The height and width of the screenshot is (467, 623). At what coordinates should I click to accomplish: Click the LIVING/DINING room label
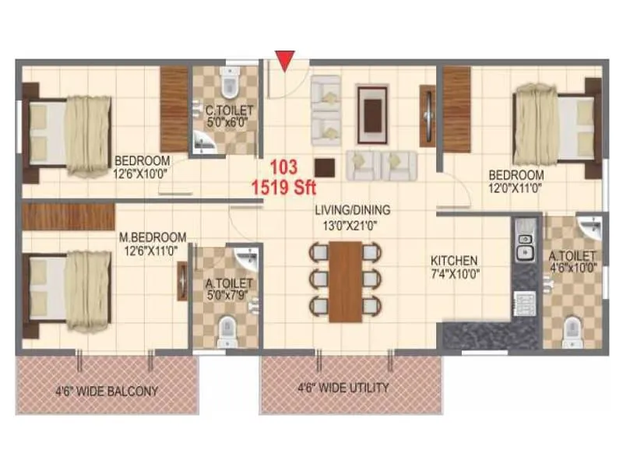point(352,209)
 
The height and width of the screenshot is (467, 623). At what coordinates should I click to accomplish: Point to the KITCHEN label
point(455,261)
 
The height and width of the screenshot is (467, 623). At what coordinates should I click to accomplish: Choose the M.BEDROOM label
point(153,237)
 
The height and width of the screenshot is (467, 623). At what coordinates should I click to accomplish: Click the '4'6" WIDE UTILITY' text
point(343,387)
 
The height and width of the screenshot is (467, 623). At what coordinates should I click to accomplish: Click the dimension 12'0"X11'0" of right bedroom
point(516,188)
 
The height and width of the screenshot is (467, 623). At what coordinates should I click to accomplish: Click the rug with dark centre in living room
point(372,108)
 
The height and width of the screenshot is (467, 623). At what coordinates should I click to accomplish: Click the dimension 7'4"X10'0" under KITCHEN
point(455,274)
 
